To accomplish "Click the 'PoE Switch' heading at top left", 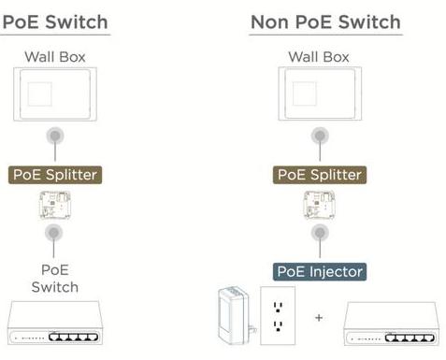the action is [55, 22].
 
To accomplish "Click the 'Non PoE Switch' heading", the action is [325, 22].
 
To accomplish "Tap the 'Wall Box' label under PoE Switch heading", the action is [55, 57].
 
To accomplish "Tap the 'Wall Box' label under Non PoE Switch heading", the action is [319, 57].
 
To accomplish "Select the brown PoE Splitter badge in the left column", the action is [55, 175].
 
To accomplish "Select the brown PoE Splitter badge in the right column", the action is [320, 175].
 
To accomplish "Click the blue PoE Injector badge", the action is [320, 272].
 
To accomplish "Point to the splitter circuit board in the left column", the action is [55, 205].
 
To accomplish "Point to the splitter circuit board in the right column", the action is [320, 205].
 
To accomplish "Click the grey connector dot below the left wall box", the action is [55, 136].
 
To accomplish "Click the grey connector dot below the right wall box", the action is [320, 136].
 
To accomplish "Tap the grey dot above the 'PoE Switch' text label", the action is [53, 233].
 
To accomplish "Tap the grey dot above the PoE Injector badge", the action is [320, 233].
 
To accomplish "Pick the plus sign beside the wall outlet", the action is [319, 318].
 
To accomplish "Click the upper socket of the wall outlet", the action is [278, 307].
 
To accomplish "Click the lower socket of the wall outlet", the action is [278, 326].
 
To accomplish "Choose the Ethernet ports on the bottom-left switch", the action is [73, 337].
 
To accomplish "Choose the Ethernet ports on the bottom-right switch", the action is [410, 338].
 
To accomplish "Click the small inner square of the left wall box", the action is [39, 94].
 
